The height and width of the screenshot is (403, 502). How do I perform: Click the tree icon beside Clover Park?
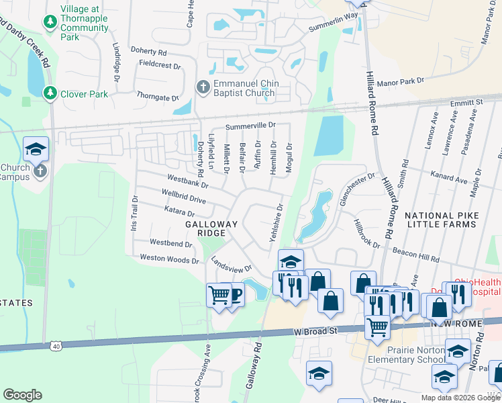click(50, 93)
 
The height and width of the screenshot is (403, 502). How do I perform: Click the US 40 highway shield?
click(55, 346)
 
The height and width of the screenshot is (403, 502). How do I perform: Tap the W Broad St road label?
click(315, 331)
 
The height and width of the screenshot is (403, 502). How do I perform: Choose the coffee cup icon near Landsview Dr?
click(235, 295)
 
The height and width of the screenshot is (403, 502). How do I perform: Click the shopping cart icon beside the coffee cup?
click(219, 294)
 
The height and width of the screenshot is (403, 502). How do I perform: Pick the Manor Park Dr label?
click(402, 81)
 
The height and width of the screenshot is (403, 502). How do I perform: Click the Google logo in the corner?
click(22, 395)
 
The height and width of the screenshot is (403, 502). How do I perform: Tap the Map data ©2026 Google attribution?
click(460, 397)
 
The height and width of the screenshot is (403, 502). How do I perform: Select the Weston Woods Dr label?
click(169, 259)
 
